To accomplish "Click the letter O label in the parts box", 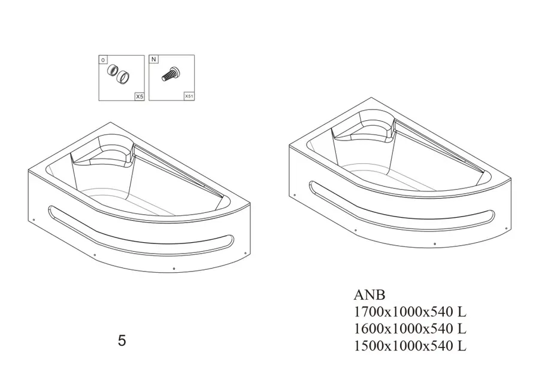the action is pos(103,60).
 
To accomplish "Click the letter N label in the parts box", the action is pos(153,59).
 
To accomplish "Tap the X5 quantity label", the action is pos(139,96).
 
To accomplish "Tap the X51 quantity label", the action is pos(189,96).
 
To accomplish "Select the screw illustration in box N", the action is pos(171,74).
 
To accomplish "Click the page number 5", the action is pos(122,341).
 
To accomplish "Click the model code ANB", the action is pos(370,295).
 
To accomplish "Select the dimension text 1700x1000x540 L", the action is pos(410,312).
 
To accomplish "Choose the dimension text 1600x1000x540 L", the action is pos(410,328).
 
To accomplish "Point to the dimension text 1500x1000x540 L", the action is pos(410,346).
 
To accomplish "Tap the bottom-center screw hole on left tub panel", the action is pos(174,268).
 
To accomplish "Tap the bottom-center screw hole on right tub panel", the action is pos(435,243).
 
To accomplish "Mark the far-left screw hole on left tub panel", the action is pos(33,221).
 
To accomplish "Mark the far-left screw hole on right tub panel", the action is pos(294,196).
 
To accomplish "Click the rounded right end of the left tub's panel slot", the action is pos(231,240).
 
